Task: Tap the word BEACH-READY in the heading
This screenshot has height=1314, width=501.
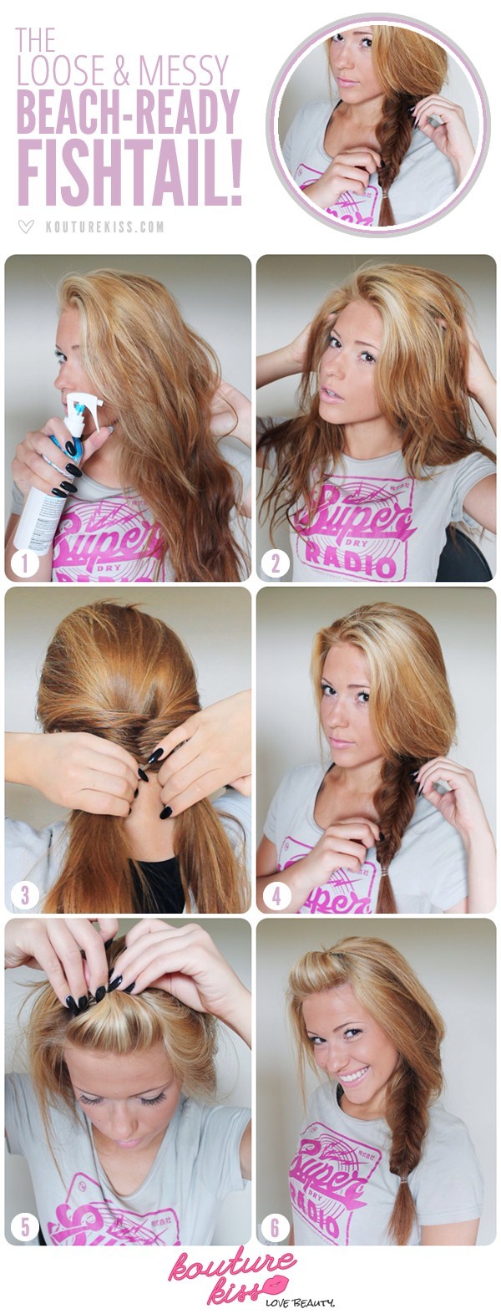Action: click(x=128, y=114)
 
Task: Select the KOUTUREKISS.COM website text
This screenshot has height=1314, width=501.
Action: click(x=105, y=227)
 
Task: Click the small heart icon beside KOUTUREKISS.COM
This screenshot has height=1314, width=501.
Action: click(x=27, y=227)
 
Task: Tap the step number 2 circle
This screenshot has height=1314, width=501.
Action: click(x=275, y=564)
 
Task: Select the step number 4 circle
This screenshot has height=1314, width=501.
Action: click(x=275, y=896)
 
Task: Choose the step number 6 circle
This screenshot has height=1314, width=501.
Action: click(x=275, y=1227)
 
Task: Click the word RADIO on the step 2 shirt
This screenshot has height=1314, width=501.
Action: click(x=360, y=565)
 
